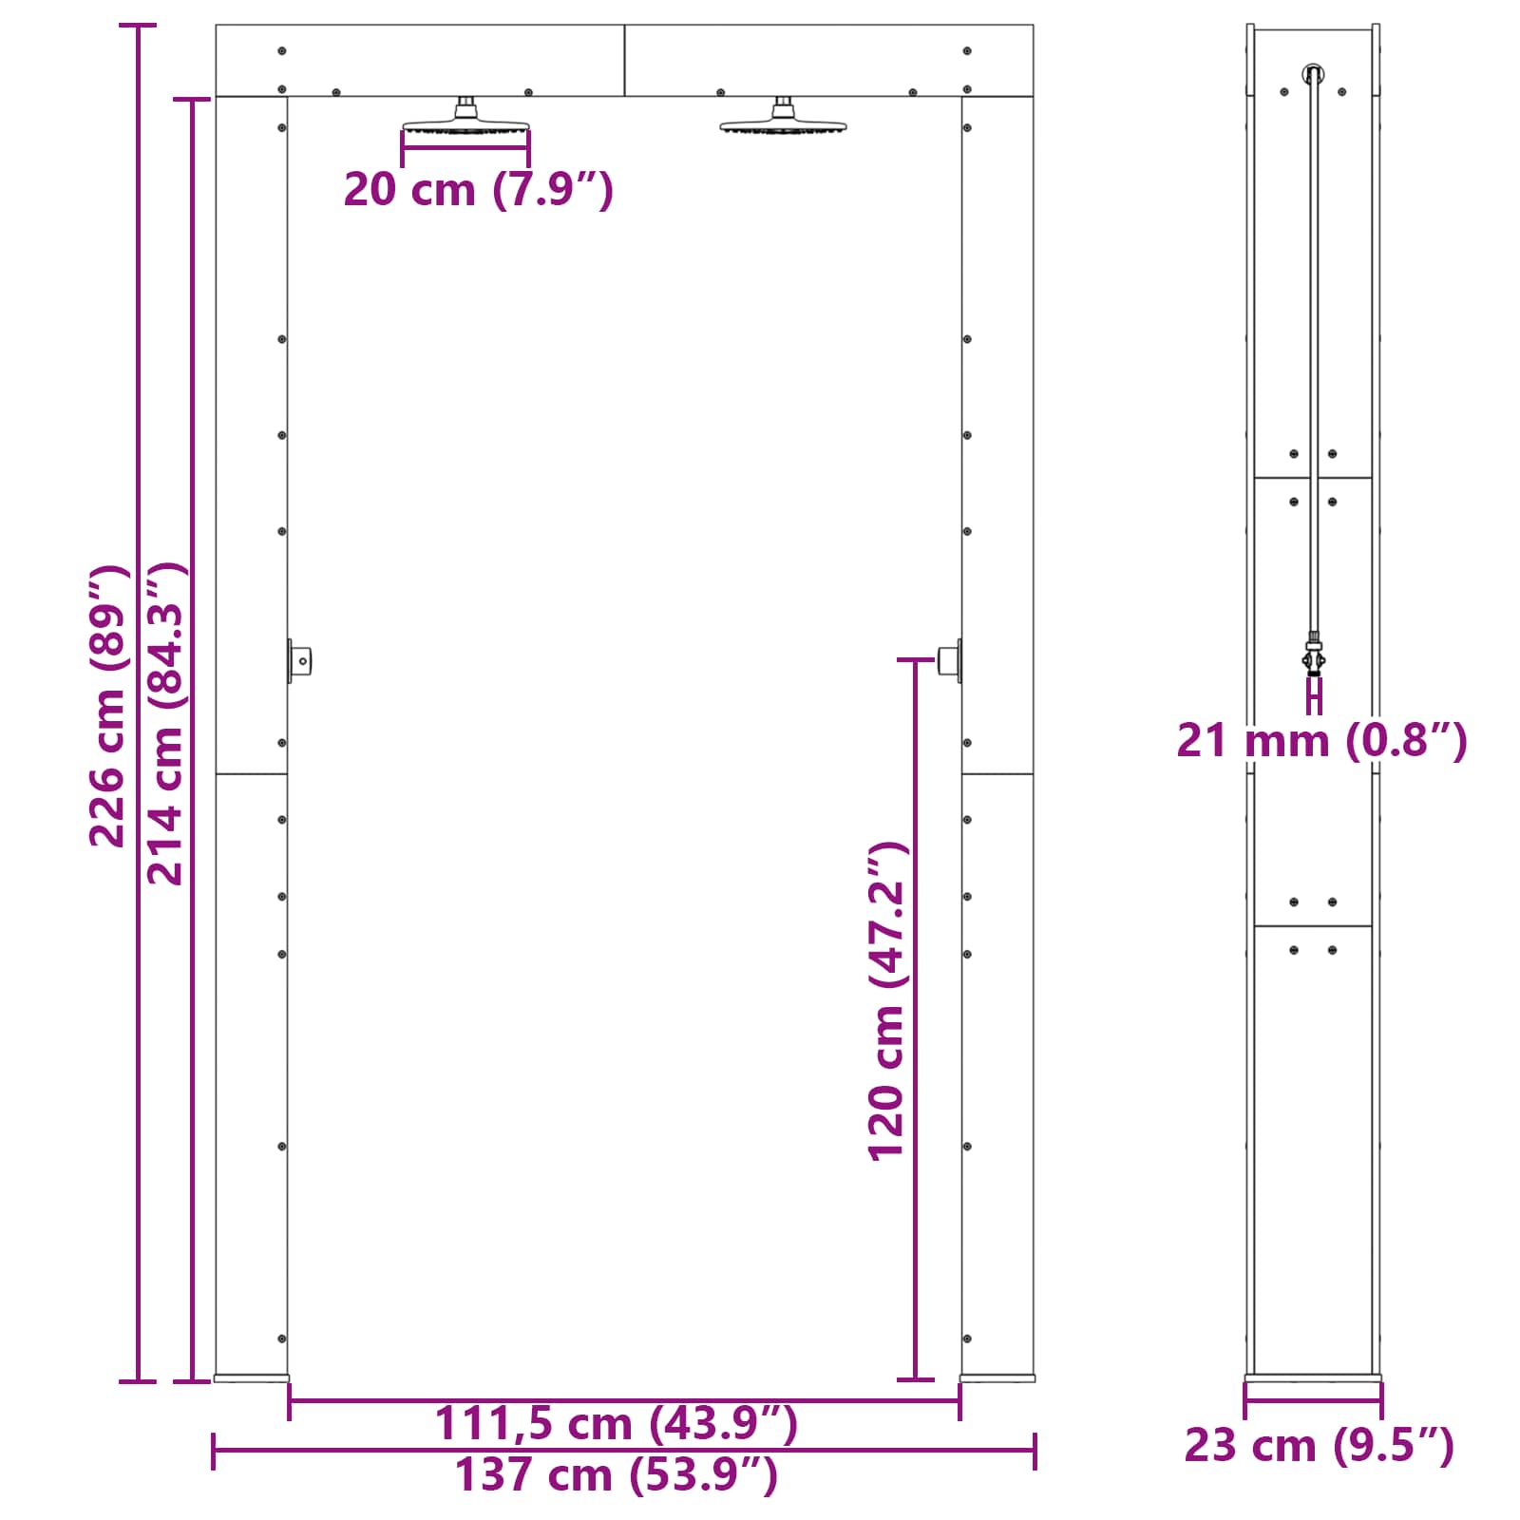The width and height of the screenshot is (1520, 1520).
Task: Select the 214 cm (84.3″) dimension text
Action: pos(165,723)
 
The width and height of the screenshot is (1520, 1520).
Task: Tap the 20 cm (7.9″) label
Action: pos(479,189)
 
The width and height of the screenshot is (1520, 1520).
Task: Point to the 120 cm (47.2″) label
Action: pos(887,1000)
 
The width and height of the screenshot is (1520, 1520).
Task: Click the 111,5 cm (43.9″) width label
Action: pos(616,1423)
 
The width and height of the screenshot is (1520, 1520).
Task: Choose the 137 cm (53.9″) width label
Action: pos(616,1475)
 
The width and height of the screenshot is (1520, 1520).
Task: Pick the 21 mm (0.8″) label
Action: pos(1321,740)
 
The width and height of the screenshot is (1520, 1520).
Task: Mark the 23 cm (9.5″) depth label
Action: pos(1319,1446)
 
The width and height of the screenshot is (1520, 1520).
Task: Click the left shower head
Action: pos(465,120)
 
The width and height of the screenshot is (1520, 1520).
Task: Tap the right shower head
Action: pos(783,120)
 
